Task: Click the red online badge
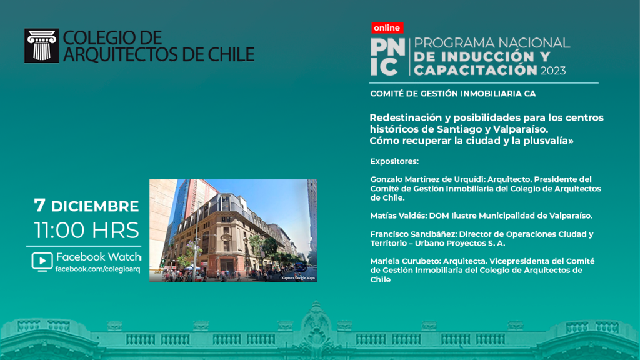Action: pos(387,27)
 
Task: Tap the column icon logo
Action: pos(42,46)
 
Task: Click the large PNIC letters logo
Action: pos(387,57)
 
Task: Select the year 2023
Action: pos(553,71)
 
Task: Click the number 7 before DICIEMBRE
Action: pos(39,205)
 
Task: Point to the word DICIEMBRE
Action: pos(95,206)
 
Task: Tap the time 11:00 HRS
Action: pos(86,230)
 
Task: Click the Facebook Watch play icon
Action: pos(42,262)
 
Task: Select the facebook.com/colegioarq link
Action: pos(98,269)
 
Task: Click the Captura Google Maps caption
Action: pos(298,278)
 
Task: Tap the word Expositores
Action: pos(394,161)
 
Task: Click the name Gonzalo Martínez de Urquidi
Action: pos(427,179)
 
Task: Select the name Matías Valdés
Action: pos(397,216)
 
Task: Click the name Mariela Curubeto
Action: pos(404,261)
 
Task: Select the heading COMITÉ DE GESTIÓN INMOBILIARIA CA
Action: pos(453,94)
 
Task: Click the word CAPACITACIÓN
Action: pos(476,70)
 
